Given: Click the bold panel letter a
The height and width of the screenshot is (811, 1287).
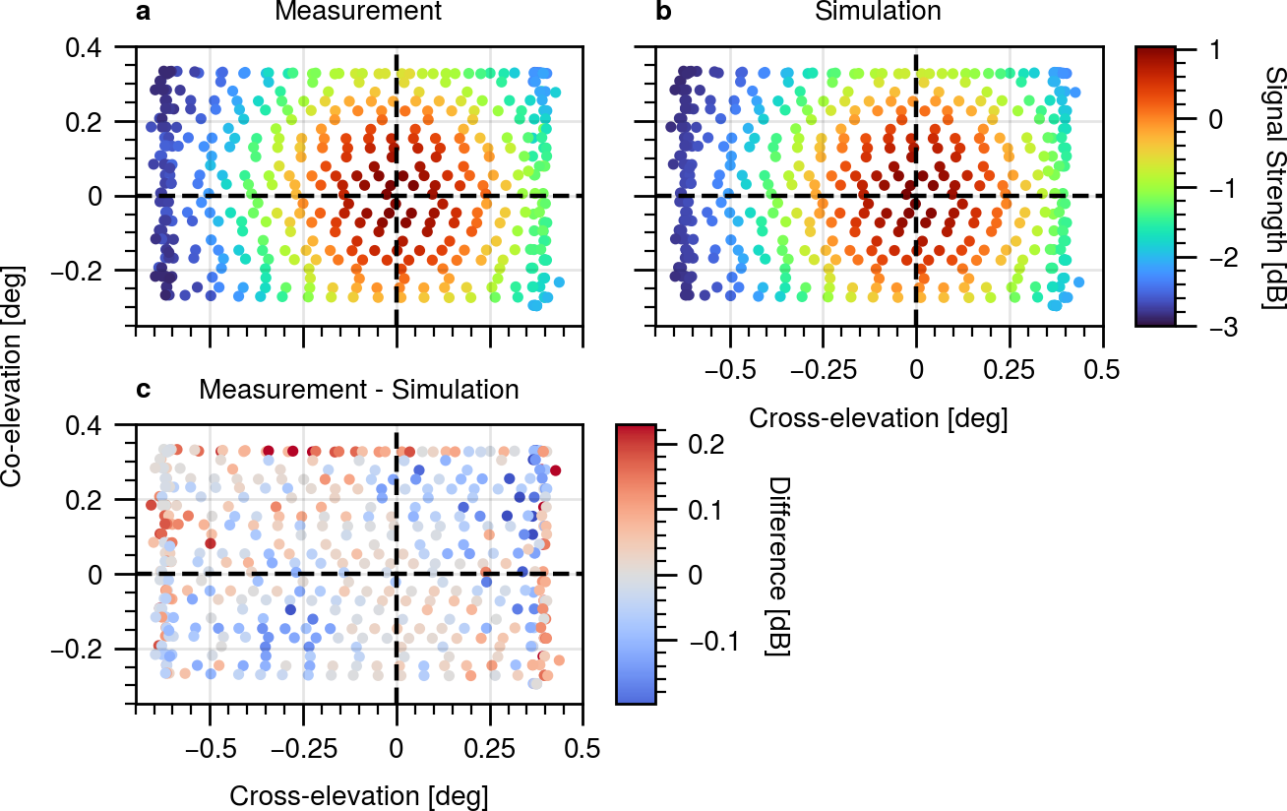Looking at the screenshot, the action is pos(144,12).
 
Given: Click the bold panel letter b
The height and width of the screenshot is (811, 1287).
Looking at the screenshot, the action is pos(663,12).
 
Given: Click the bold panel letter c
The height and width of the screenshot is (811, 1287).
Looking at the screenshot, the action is pos(143,391).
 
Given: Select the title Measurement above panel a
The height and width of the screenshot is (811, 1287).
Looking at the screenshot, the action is pos(358,11).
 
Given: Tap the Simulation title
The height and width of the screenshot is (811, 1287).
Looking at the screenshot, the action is pos(878,11).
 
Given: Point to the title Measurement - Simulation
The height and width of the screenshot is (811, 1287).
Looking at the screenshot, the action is pos(359,390).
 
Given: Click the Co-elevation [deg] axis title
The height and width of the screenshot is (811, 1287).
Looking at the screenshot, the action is pos(13,377).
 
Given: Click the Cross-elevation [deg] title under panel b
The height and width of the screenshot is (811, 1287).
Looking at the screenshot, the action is pos(878,418).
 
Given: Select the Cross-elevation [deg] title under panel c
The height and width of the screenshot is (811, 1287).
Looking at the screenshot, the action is pos(358,796).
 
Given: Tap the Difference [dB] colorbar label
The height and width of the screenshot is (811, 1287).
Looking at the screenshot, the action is pos(779,567).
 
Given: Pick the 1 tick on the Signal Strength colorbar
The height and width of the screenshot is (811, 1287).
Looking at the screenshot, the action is pos(1214,50).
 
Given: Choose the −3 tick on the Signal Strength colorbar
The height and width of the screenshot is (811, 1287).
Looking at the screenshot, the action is pos(1223,328).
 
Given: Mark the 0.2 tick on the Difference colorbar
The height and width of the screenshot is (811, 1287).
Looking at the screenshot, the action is pos(706,444).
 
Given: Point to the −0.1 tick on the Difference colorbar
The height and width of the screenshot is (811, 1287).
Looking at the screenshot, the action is pos(714,641).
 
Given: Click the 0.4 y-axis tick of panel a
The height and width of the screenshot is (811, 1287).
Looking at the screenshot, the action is pos(84,47).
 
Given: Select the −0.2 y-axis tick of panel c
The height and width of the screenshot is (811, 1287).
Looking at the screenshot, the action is pos(77,650).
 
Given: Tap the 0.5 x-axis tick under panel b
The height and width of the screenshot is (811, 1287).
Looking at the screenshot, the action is pos(1101,370).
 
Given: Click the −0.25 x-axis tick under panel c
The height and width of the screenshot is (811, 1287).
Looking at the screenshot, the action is pos(304,749).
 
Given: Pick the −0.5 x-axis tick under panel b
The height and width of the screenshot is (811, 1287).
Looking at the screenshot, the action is pos(730,370).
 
